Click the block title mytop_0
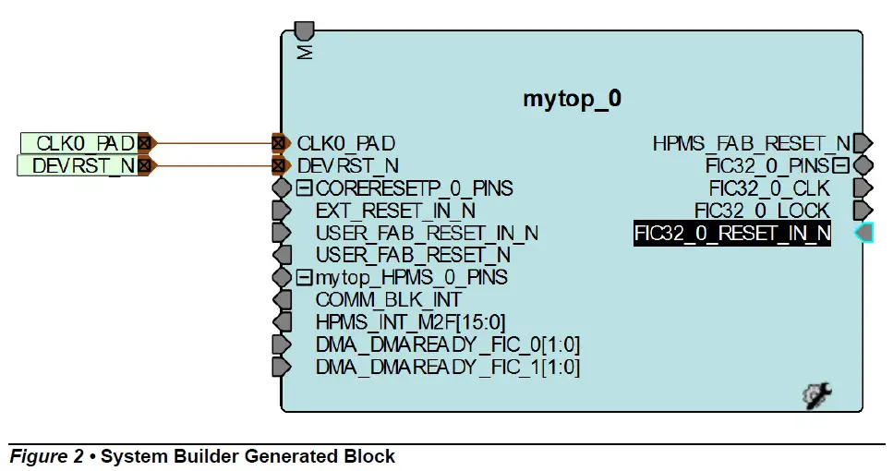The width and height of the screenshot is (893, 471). tap(572, 99)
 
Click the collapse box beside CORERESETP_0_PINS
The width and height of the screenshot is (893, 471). tap(305, 188)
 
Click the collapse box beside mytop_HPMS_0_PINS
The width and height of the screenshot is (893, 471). tap(305, 277)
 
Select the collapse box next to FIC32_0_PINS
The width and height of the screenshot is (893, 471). tap(839, 166)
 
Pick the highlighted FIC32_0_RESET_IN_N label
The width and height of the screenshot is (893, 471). tap(732, 234)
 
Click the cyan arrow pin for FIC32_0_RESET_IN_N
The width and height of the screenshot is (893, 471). tap(863, 234)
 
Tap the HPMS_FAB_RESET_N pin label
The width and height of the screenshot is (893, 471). tap(751, 143)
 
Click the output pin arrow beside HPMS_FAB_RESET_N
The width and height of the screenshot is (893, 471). tap(863, 143)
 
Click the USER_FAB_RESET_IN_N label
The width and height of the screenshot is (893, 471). tap(427, 233)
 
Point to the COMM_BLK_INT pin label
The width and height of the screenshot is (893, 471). tap(388, 300)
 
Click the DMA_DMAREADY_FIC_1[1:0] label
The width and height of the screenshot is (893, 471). tap(447, 367)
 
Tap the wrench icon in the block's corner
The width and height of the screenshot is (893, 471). tap(817, 396)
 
